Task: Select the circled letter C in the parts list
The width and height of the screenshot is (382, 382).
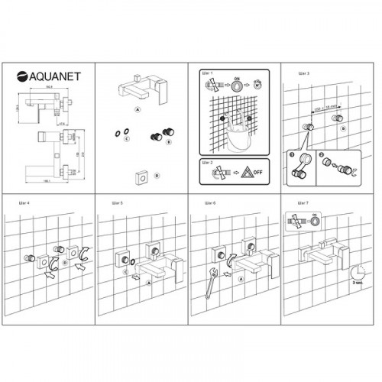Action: click(x=126, y=140)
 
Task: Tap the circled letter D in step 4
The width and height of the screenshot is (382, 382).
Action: click(x=65, y=262)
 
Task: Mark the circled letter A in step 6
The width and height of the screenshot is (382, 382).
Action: click(x=241, y=280)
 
